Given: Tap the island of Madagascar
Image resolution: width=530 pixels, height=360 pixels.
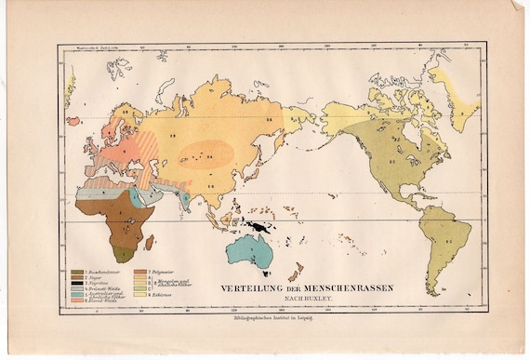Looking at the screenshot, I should [x=149, y=242].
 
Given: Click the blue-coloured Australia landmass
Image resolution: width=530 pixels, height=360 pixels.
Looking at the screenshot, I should [x=248, y=249].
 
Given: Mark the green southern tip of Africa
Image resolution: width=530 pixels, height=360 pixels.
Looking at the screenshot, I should [x=122, y=251].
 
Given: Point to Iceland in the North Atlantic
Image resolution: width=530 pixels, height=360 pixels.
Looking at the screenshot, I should [x=73, y=121].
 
